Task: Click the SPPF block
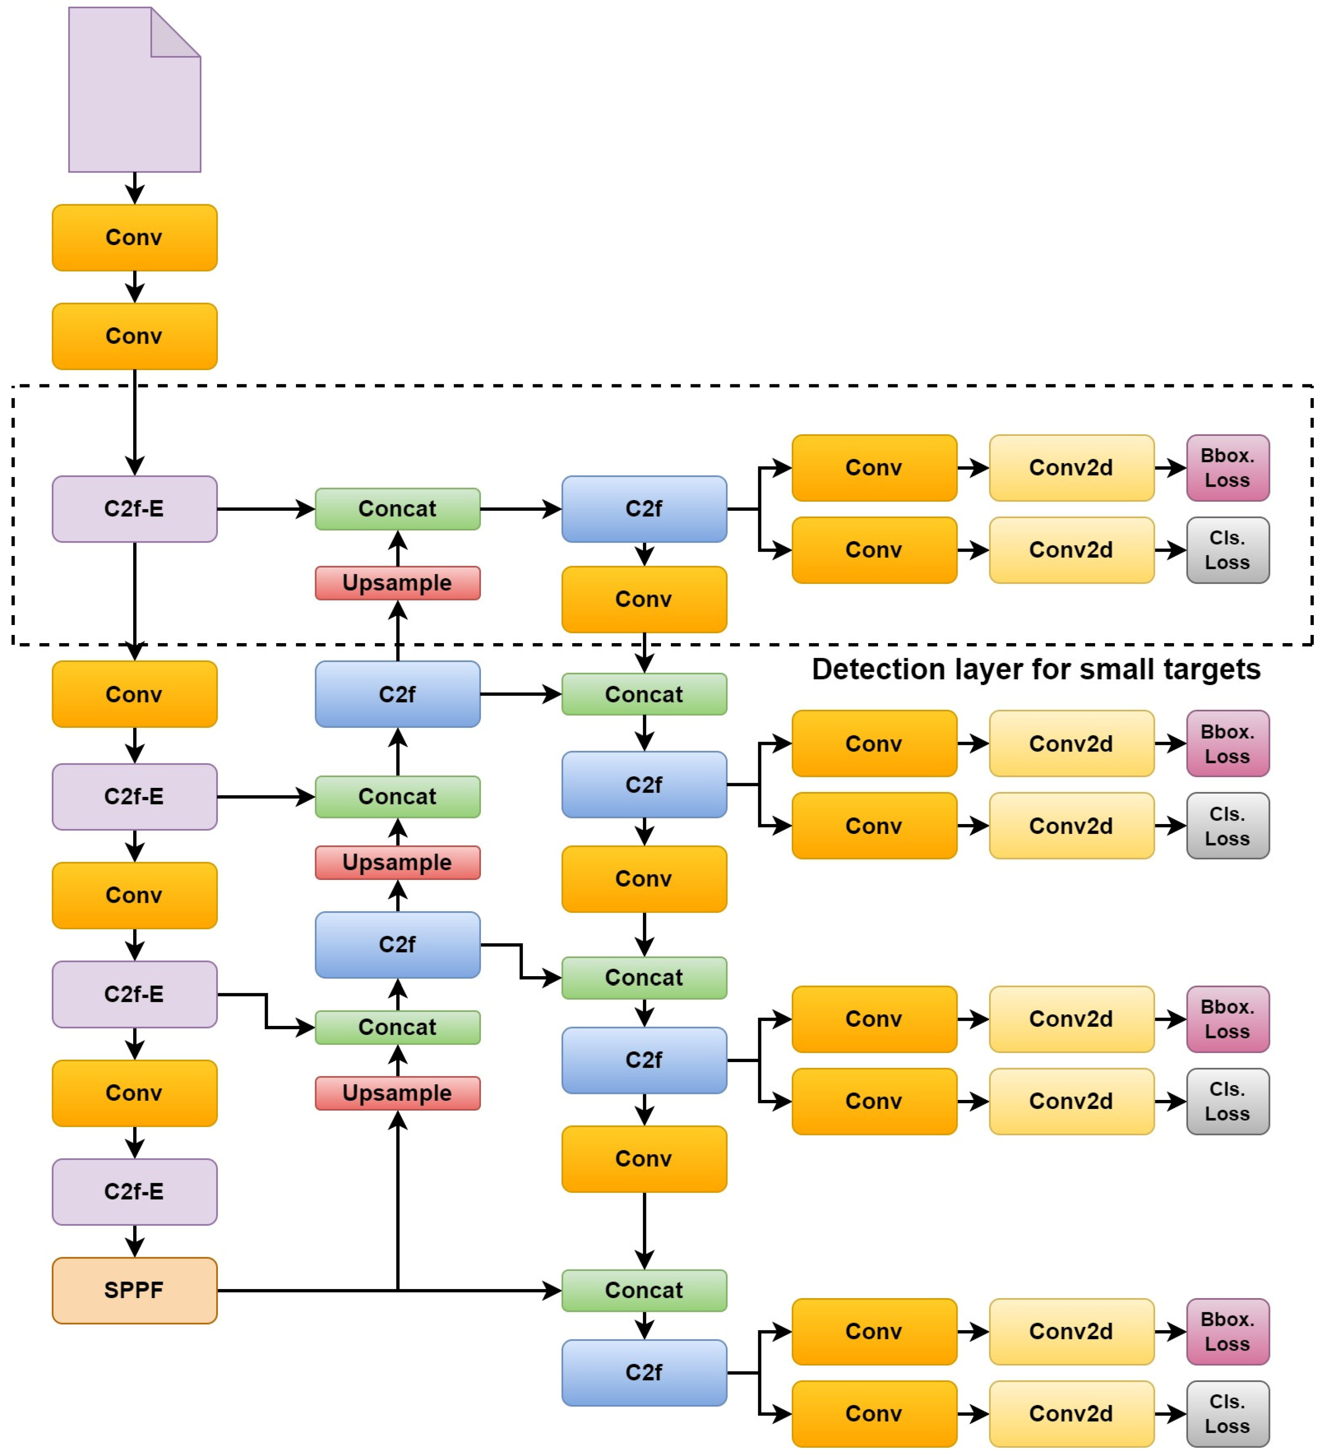pos(134,1290)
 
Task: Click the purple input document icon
pos(134,90)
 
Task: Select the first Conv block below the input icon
pos(134,238)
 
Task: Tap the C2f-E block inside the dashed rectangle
pos(134,509)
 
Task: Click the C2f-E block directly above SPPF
pos(134,1192)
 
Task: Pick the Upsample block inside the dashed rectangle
pos(397,583)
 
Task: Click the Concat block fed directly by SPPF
pos(644,1290)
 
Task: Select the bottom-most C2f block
pos(644,1373)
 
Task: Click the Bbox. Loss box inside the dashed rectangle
pos(1227,468)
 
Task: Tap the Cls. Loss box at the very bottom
pos(1227,1414)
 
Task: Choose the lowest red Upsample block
pos(397,1093)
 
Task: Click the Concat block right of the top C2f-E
pos(397,509)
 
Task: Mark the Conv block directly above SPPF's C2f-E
pos(134,1093)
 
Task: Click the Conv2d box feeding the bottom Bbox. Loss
pos(1071,1332)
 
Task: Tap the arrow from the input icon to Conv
pos(135,188)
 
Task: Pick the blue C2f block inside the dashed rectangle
pos(644,509)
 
